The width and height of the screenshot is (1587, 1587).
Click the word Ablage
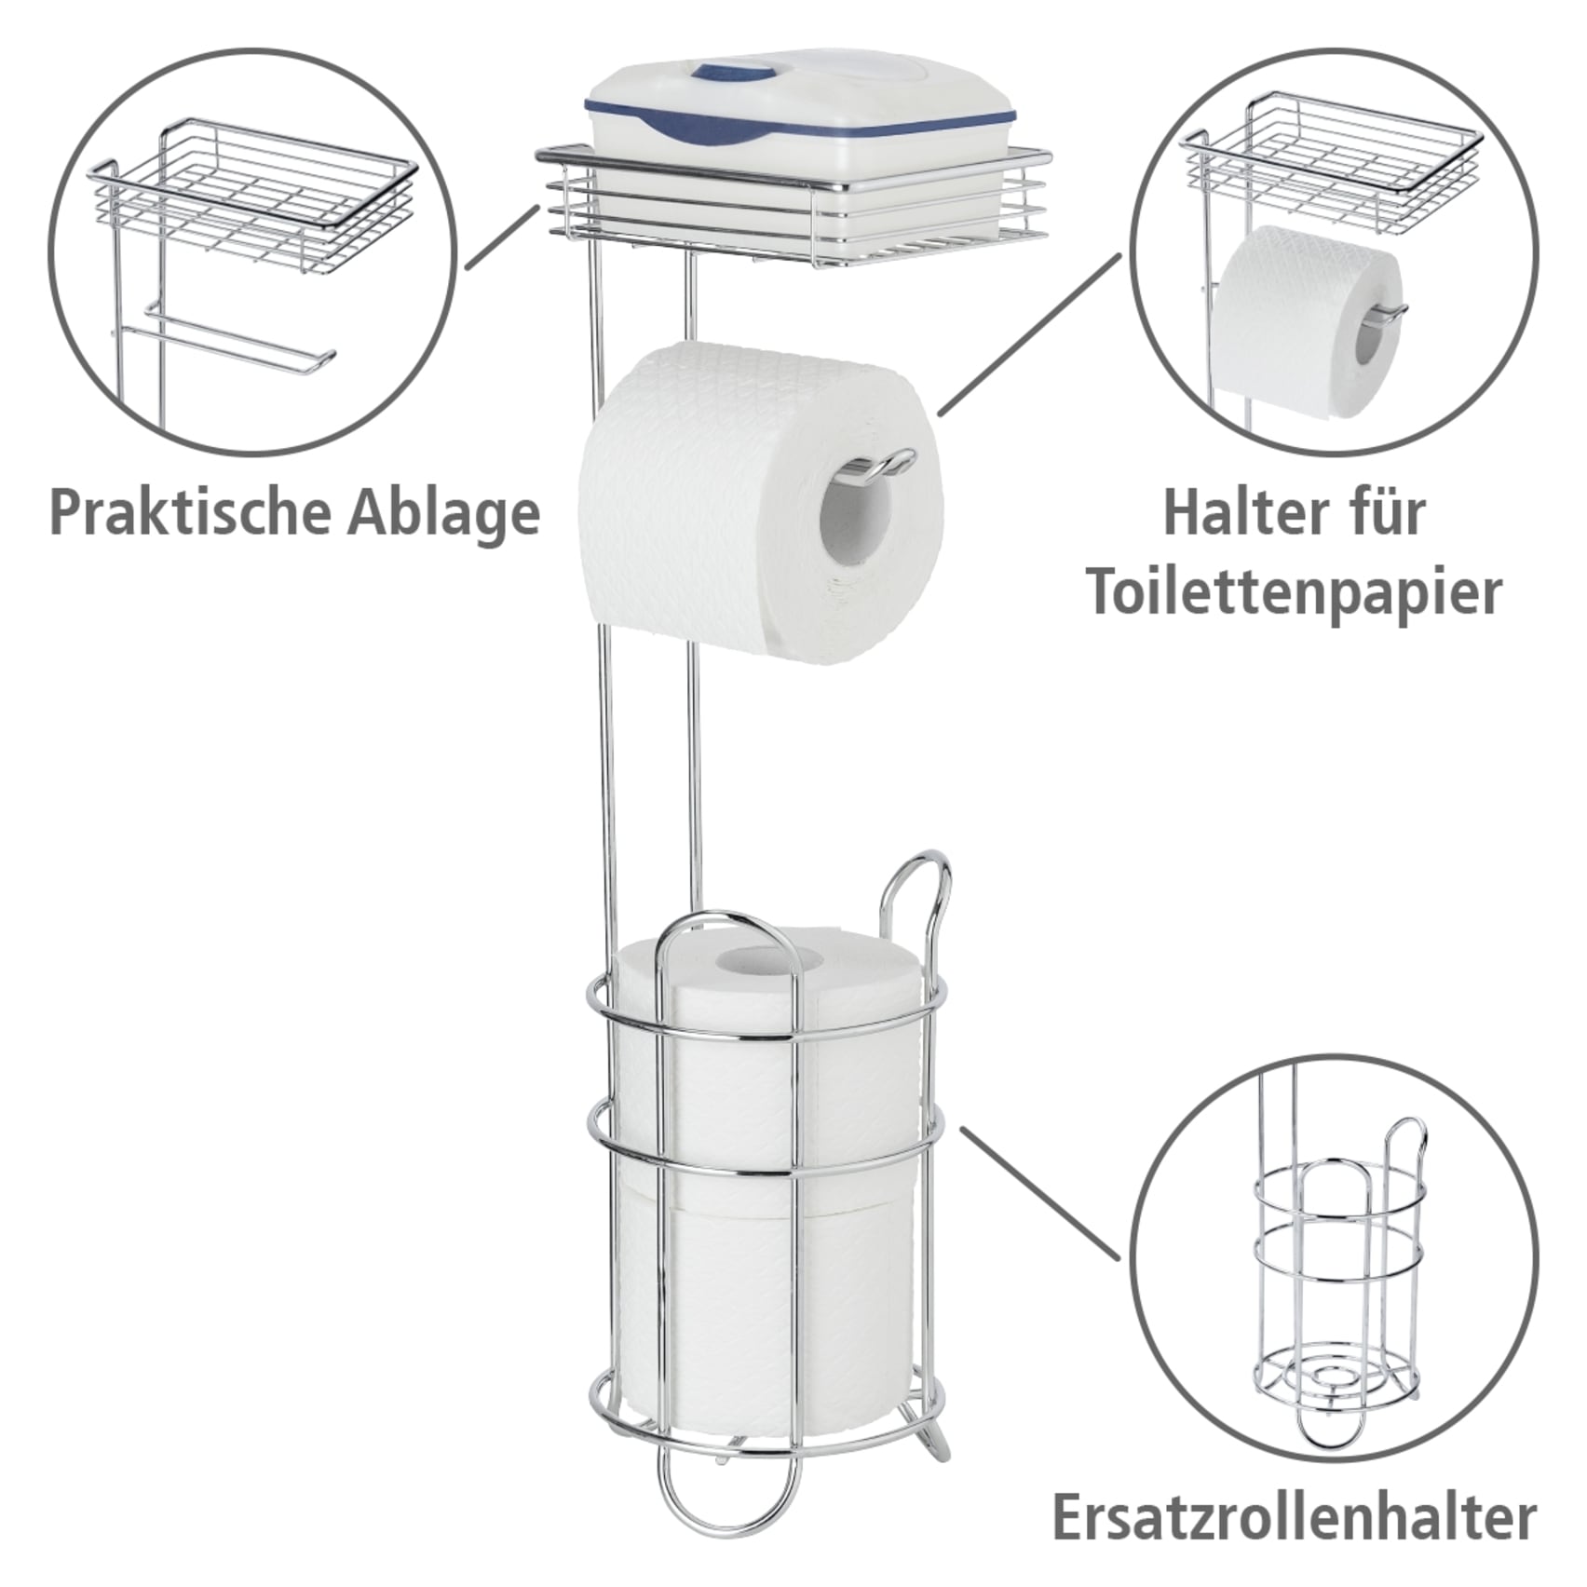click(x=443, y=514)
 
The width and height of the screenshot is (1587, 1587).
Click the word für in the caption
click(x=1385, y=514)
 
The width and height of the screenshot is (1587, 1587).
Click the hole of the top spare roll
click(x=764, y=959)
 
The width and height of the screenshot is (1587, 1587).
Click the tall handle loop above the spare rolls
click(x=917, y=894)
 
